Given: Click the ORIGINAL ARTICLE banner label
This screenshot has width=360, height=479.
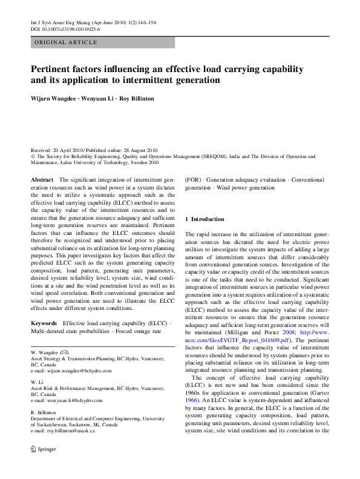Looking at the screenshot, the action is [65, 42].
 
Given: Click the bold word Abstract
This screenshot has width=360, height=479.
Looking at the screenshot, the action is [42, 180].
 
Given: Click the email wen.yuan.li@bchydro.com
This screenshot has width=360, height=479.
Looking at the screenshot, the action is [70, 401].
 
